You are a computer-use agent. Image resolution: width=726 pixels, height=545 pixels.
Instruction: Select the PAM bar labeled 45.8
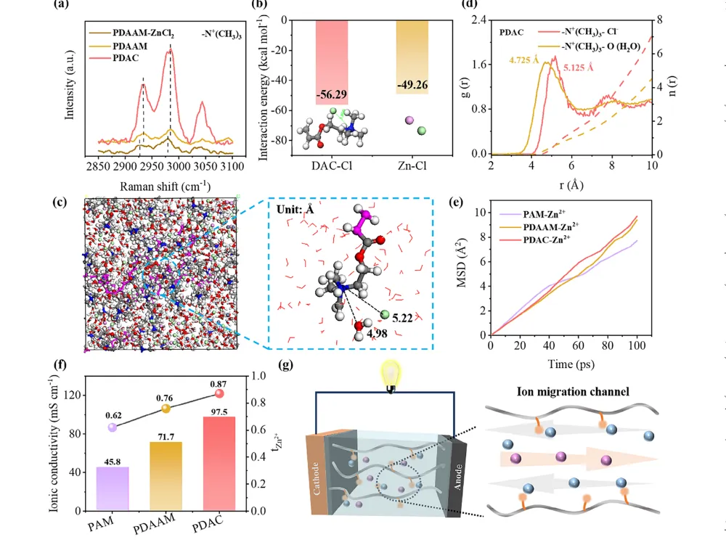tap(112, 488)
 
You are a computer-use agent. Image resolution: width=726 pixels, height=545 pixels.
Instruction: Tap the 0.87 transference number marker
tap(220, 393)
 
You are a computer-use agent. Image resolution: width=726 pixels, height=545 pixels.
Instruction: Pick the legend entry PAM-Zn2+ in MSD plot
tap(542, 214)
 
